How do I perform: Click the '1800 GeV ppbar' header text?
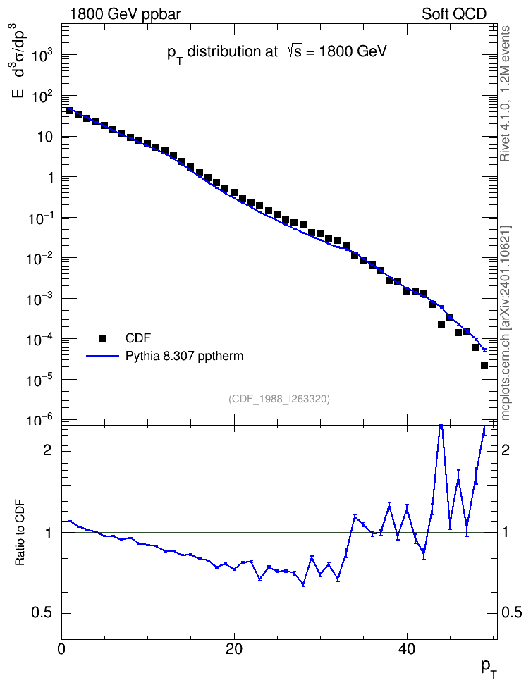125,14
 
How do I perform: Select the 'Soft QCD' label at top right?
454,14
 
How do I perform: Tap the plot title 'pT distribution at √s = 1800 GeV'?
277,52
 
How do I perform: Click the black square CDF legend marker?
102,338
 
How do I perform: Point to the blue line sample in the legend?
102,357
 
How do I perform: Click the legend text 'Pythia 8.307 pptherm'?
184,357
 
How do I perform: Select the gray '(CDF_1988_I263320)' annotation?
279,399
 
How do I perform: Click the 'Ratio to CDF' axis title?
20,532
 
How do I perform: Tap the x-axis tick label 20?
234,649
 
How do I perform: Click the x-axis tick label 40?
407,649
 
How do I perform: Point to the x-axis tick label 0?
61,649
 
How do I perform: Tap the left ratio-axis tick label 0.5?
42,613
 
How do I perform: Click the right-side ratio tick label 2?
506,450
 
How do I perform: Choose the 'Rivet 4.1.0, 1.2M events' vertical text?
505,94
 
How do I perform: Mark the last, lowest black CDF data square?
484,366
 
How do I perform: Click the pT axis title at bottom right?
489,668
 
